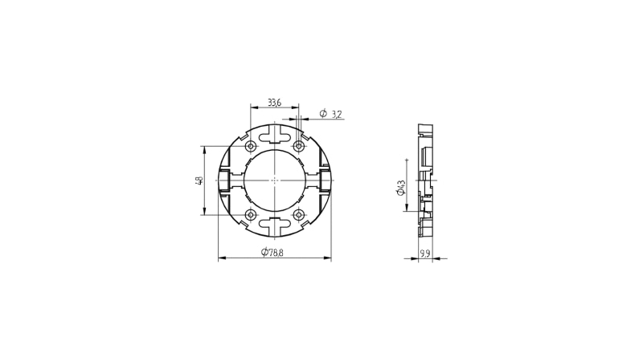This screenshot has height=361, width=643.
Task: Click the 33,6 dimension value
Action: (274, 103)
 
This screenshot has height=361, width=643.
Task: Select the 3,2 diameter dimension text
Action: (336, 114)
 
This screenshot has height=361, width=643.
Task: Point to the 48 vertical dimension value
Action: (199, 180)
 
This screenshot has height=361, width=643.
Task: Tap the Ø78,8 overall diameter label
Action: (272, 253)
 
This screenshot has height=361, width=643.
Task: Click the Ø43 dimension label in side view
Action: (400, 188)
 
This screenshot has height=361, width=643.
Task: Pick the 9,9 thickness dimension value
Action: (425, 254)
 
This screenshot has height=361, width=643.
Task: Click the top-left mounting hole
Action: (251, 146)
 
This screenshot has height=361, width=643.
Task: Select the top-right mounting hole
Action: (299, 146)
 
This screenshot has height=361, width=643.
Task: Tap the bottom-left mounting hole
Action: (251, 214)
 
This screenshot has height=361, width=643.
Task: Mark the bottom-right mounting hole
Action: (299, 214)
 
